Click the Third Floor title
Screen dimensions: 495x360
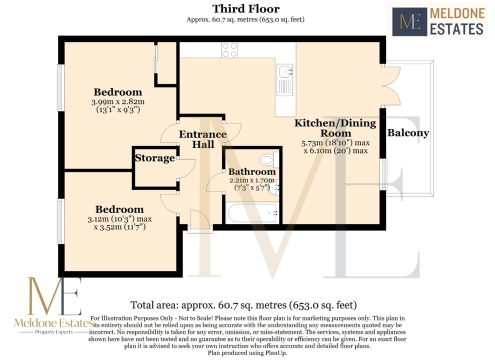pyautogui.click(x=245, y=9)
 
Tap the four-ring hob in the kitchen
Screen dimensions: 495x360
pyautogui.click(x=229, y=50)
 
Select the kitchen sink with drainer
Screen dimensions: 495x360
pyautogui.click(x=285, y=80)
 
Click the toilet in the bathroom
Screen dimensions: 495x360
pyautogui.click(x=269, y=160)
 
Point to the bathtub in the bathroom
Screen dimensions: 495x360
pyautogui.click(x=252, y=213)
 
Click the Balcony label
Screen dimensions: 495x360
pyautogui.click(x=408, y=133)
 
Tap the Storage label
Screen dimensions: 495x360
pyautogui.click(x=154, y=158)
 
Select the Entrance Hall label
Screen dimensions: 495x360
pyautogui.click(x=203, y=139)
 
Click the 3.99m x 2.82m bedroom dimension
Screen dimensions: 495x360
pyautogui.click(x=118, y=101)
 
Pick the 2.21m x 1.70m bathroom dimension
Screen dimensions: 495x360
pyautogui.click(x=251, y=180)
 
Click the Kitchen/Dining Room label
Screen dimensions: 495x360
pyautogui.click(x=335, y=128)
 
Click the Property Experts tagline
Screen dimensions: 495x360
pyautogui.click(x=53, y=332)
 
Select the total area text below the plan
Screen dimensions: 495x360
pyautogui.click(x=243, y=305)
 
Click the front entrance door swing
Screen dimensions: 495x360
pyautogui.click(x=200, y=218)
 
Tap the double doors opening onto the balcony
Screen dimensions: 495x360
pyautogui.click(x=391, y=86)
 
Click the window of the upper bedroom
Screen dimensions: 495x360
pyautogui.click(x=60, y=88)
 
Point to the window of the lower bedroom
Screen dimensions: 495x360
pyautogui.click(x=60, y=221)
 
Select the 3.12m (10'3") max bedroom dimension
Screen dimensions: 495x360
pyautogui.click(x=119, y=219)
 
